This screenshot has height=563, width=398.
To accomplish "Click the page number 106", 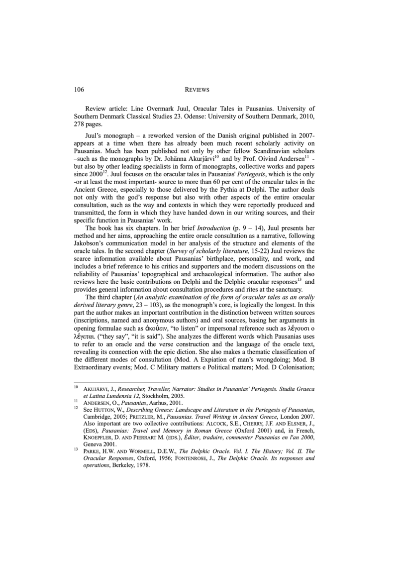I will coord(79,90).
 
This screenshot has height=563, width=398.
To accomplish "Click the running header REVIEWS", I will coord(197,90).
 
